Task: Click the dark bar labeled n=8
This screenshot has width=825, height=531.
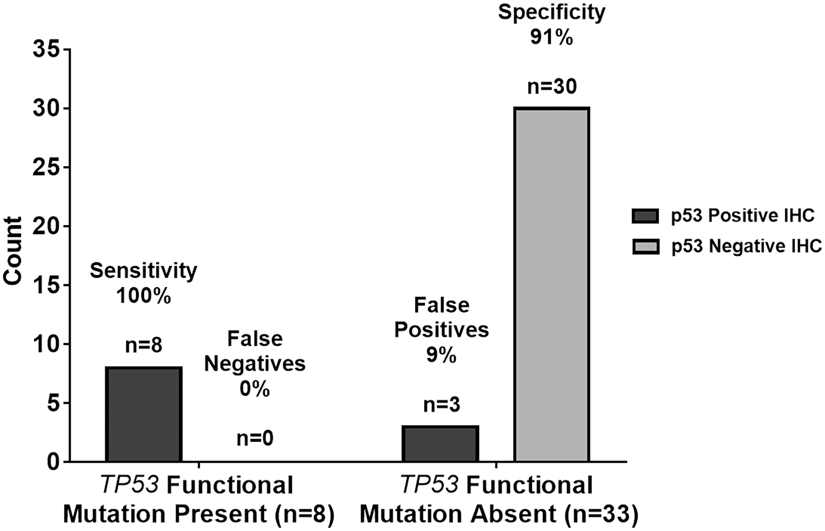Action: point(144,414)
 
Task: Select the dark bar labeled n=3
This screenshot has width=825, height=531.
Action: point(440,444)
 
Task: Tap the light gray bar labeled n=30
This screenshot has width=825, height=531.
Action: point(552,285)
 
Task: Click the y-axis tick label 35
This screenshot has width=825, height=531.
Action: point(46,50)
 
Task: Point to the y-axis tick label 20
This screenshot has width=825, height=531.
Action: point(46,226)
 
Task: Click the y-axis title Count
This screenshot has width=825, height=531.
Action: point(12,251)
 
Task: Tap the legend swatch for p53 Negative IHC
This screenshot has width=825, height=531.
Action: point(645,247)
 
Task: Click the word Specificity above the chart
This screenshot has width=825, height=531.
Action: point(552,12)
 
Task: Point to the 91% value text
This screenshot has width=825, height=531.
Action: point(552,37)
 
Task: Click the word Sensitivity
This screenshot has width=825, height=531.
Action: point(144,271)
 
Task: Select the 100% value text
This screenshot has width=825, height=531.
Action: point(144,296)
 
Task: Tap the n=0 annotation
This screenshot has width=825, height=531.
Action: point(255,438)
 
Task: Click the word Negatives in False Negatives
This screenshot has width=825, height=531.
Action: point(255,364)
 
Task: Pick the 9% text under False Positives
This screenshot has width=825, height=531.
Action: point(441,355)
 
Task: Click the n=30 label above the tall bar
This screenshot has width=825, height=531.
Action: point(552,87)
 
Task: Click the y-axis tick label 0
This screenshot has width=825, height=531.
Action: point(54,462)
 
